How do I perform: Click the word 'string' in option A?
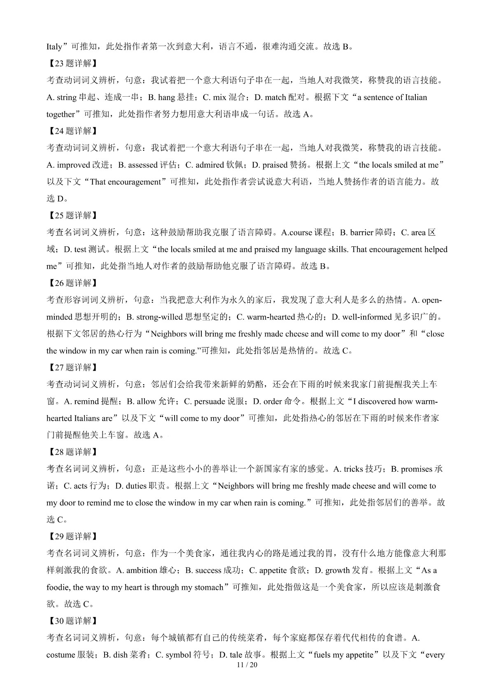pos(67,97)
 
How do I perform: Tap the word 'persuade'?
pos(210,401)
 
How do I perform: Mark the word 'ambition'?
pos(142,570)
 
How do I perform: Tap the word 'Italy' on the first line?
pos(54,46)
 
